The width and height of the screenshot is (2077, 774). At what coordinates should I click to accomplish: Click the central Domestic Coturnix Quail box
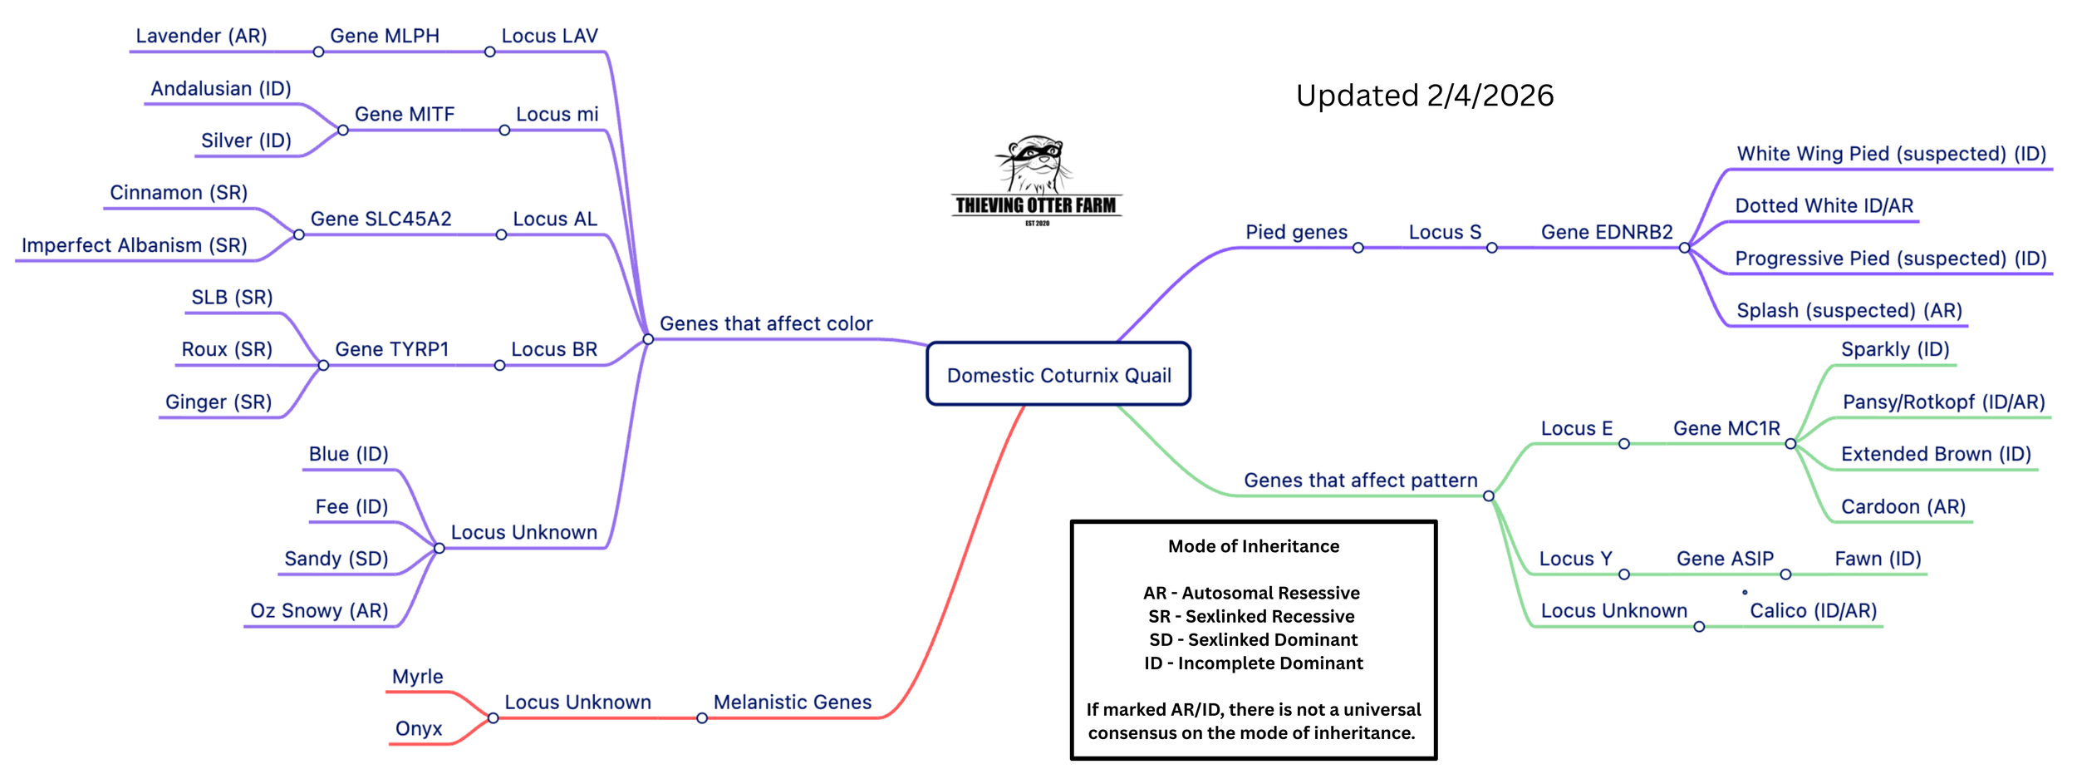click(x=1058, y=375)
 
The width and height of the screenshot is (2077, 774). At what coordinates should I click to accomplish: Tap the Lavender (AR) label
click(x=201, y=36)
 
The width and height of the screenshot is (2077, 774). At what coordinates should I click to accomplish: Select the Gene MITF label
click(x=405, y=114)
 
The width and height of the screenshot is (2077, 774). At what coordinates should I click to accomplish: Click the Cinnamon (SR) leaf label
click(x=179, y=193)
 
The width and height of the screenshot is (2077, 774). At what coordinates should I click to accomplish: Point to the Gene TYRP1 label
click(x=391, y=349)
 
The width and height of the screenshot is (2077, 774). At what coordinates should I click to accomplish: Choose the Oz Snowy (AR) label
click(x=319, y=611)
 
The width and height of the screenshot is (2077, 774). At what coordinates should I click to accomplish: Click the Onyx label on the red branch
click(x=419, y=729)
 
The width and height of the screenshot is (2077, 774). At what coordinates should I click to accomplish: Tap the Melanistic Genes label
click(x=793, y=703)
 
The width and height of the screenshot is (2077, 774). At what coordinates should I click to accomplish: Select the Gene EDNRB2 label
click(x=1607, y=232)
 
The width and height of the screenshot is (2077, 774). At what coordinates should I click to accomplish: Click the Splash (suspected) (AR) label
click(x=1849, y=311)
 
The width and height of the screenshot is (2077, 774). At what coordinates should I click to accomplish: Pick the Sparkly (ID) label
click(x=1895, y=349)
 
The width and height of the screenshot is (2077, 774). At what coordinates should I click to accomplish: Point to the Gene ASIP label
click(x=1725, y=559)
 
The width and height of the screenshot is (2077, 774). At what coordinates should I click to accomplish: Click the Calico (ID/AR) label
click(x=1814, y=611)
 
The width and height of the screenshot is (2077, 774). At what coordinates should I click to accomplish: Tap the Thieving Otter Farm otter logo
click(x=1036, y=179)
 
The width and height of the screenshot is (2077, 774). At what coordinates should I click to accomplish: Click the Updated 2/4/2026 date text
click(x=1425, y=96)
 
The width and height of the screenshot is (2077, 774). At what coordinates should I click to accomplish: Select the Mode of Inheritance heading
click(x=1254, y=546)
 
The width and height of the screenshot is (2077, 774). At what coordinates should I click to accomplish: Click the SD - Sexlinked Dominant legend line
click(x=1254, y=639)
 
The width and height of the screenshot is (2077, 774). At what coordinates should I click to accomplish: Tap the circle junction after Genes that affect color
click(x=648, y=339)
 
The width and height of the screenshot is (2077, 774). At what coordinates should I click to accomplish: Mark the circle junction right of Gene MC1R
click(x=1790, y=444)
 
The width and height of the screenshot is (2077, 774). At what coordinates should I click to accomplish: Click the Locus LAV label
click(x=549, y=36)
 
